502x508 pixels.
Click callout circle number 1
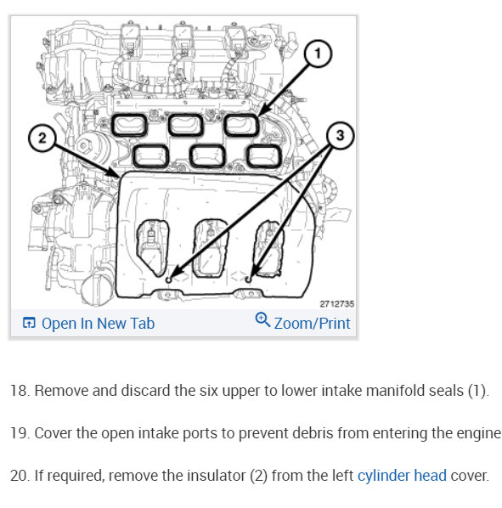(318, 54)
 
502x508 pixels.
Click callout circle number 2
(42, 138)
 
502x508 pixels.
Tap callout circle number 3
(340, 135)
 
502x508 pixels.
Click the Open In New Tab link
(99, 324)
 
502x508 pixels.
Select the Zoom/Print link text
(313, 324)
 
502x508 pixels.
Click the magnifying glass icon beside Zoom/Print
(262, 319)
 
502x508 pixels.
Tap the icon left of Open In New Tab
(29, 323)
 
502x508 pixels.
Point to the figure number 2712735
(337, 304)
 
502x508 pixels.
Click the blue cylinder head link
(402, 476)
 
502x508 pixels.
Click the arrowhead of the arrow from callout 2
(117, 174)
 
